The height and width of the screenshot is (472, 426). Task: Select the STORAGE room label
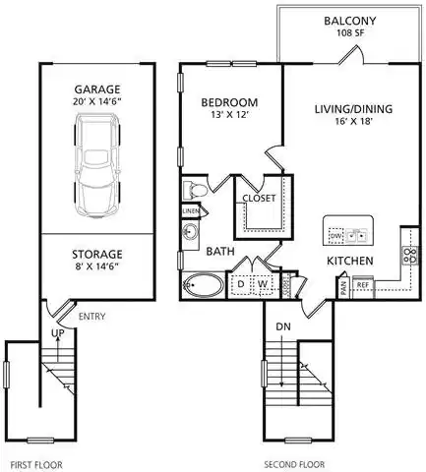click(x=96, y=254)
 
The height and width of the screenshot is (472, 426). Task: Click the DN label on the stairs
click(x=282, y=326)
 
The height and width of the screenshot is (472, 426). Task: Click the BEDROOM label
click(x=229, y=102)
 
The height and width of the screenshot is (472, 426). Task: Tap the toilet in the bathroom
click(x=195, y=189)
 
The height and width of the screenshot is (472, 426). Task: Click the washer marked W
click(x=262, y=285)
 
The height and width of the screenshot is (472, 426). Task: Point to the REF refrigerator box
click(x=362, y=286)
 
